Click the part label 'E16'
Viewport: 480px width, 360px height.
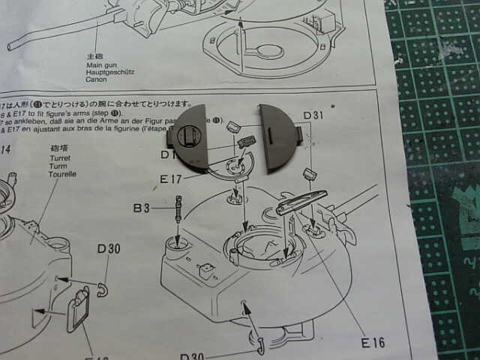tap(372, 343)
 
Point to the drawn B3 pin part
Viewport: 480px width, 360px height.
tap(178, 207)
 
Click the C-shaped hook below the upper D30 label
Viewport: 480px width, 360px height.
tap(102, 289)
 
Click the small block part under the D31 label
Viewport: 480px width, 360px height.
tap(307, 175)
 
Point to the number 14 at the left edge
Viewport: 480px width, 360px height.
tap(5, 150)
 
